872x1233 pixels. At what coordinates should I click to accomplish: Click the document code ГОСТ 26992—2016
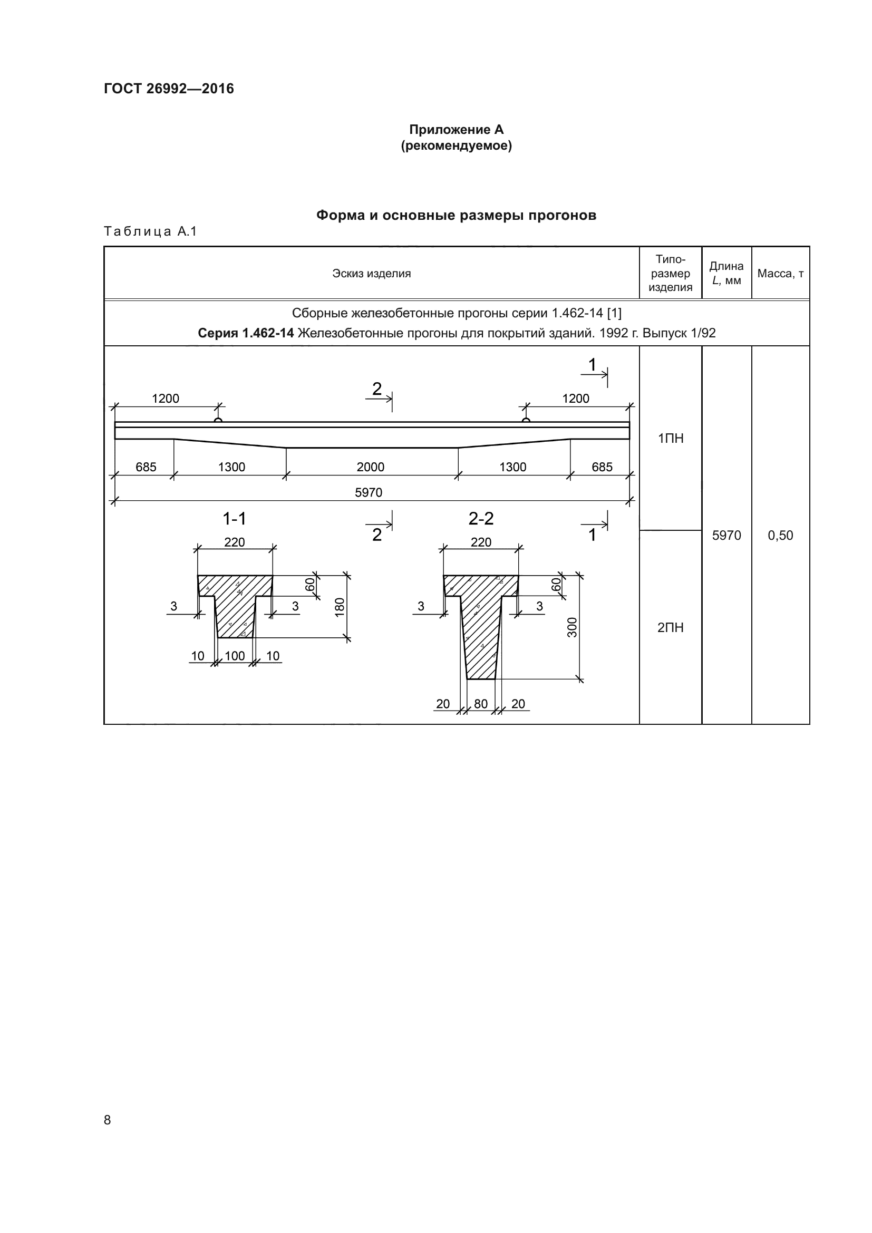[169, 89]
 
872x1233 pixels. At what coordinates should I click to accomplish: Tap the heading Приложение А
[456, 130]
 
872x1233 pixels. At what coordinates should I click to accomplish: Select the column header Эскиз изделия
[371, 274]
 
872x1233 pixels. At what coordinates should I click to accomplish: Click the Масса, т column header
[780, 274]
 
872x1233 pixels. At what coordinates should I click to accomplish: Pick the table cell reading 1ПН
[670, 438]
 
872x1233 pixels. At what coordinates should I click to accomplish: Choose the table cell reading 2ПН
[670, 627]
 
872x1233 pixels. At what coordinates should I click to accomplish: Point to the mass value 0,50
[780, 535]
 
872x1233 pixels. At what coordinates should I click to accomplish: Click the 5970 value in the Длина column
[726, 535]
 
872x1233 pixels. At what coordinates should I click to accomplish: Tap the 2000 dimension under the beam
[371, 467]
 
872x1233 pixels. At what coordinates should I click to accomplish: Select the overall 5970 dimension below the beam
[369, 492]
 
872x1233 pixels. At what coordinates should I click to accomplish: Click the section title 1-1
[234, 519]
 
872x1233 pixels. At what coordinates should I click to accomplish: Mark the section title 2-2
[481, 519]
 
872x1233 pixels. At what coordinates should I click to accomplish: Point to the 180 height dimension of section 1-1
[340, 607]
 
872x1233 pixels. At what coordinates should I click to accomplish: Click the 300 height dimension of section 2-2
[573, 627]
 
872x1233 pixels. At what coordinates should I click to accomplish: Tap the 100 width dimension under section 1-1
[235, 656]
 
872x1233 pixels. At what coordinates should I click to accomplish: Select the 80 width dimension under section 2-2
[481, 704]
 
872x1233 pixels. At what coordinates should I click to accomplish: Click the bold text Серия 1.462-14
[245, 333]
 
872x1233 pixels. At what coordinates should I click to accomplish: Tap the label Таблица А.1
[150, 231]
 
